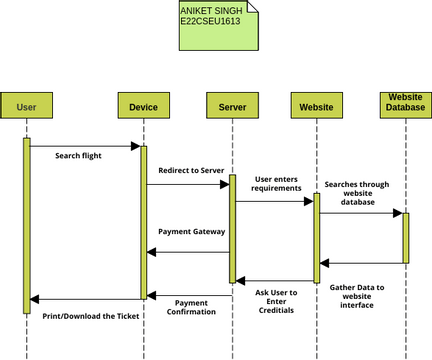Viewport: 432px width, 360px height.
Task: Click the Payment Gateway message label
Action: point(191,232)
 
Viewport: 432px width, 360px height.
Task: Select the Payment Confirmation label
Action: point(191,307)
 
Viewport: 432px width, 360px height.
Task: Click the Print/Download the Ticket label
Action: point(90,316)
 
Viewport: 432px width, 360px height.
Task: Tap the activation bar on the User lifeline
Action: point(27,225)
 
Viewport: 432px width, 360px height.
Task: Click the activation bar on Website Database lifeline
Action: point(406,237)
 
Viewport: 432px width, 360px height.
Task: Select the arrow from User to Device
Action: point(85,146)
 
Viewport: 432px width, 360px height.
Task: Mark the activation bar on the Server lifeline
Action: point(232,229)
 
